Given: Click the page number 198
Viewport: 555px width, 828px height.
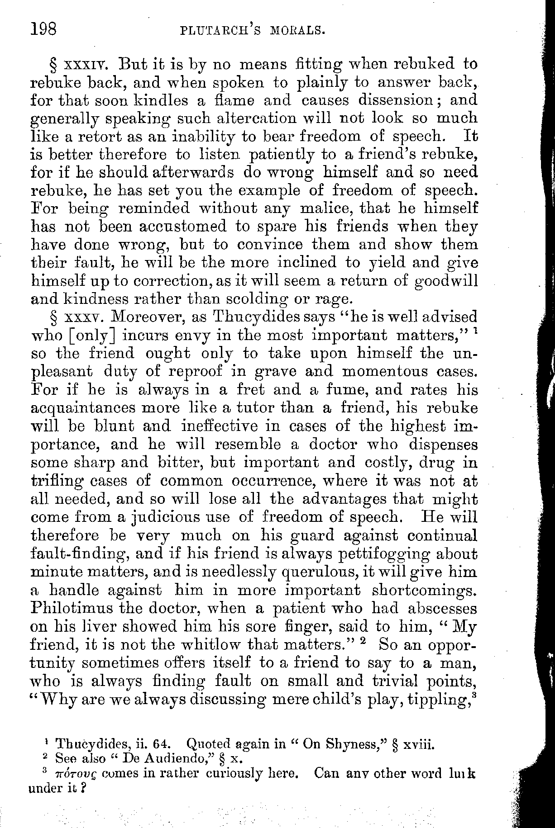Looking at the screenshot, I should [x=43, y=30].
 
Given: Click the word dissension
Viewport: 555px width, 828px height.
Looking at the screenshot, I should [x=391, y=99].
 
